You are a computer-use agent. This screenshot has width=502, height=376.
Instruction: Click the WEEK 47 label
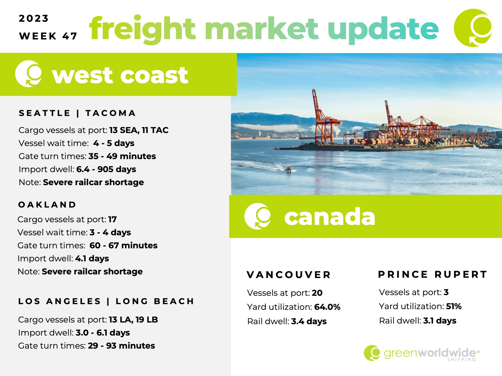coord(48,36)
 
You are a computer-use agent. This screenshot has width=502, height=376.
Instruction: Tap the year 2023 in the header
coord(33,18)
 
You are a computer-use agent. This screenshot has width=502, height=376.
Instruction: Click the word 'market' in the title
coord(261,28)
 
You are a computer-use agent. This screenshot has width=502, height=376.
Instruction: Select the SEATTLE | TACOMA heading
coord(77,113)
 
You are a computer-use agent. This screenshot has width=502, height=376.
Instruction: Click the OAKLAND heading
coord(47,205)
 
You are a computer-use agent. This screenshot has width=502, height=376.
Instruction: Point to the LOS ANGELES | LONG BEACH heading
coord(106,301)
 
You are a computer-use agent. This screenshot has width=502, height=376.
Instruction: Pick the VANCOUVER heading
coord(289,275)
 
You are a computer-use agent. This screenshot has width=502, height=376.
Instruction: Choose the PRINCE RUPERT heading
coord(432,274)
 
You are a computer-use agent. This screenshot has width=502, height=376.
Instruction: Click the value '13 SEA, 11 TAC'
coord(139,130)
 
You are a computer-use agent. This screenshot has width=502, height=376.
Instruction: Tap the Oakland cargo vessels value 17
coord(112,219)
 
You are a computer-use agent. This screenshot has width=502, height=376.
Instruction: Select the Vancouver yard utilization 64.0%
coord(327,307)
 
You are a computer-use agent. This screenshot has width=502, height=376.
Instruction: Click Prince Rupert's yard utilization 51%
coord(454,306)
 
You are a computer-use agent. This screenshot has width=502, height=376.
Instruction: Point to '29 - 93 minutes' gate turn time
coord(121,346)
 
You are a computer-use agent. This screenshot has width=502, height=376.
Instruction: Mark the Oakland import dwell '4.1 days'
coord(92,258)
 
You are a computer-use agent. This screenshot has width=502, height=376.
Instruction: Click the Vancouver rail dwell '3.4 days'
coord(309,322)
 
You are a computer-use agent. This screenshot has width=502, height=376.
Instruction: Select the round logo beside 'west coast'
coord(28,74)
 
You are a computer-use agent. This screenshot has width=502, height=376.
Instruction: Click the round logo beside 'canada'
coord(257,216)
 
